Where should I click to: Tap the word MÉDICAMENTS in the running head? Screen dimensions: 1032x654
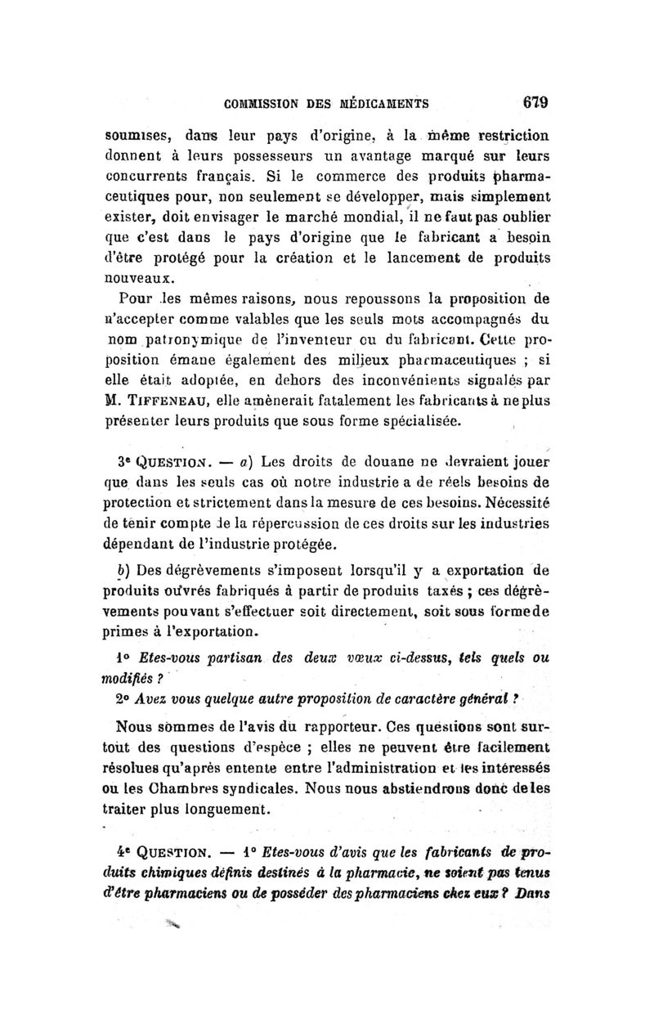383,104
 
